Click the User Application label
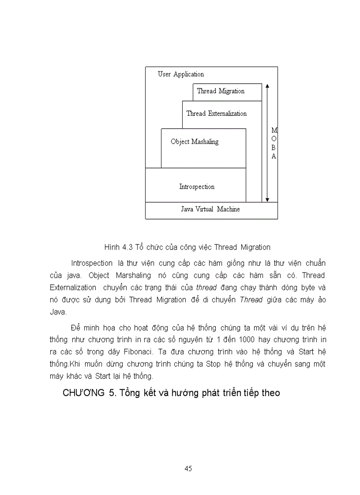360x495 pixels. pyautogui.click(x=181, y=74)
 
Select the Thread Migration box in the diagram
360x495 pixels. pyautogui.click(x=221, y=91)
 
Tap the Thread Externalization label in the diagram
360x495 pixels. pyautogui.click(x=216, y=114)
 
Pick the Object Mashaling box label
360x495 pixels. pyautogui.click(x=195, y=142)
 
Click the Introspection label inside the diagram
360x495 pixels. pyautogui.click(x=197, y=187)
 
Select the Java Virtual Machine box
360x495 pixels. pyautogui.click(x=210, y=209)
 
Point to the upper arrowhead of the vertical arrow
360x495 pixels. pyautogui.click(x=267, y=85)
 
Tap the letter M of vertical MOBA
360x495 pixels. pyautogui.click(x=274, y=131)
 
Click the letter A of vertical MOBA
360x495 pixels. pyautogui.click(x=274, y=156)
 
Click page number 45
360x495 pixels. pyautogui.click(x=188, y=469)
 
